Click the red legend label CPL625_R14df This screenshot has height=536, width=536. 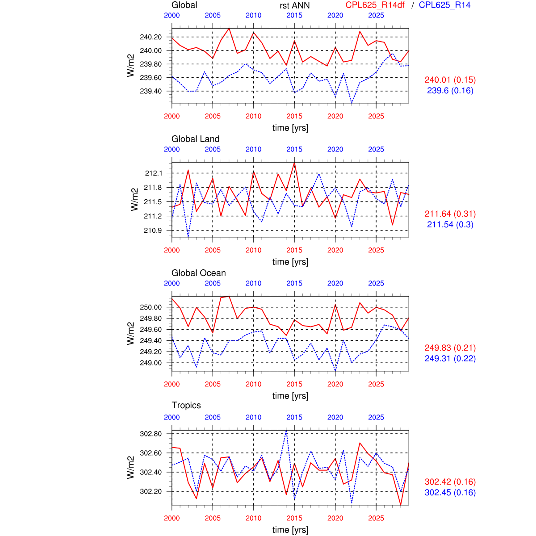[x=375, y=5]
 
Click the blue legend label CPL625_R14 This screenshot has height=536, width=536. [x=444, y=5]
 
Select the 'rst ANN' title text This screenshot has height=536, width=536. [x=294, y=6]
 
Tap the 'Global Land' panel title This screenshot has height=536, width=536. [x=195, y=139]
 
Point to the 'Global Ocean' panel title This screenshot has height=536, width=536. [x=198, y=273]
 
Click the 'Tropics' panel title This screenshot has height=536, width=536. [x=186, y=405]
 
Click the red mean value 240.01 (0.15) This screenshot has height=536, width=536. [x=450, y=80]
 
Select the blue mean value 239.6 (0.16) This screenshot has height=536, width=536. [x=450, y=91]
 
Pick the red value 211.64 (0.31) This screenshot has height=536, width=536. [x=450, y=214]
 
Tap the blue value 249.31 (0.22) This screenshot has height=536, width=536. [x=450, y=359]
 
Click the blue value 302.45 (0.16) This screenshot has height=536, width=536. [x=450, y=493]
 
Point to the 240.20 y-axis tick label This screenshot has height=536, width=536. [x=151, y=37]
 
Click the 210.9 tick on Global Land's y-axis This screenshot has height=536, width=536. [x=152, y=230]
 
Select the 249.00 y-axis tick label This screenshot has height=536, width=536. [x=151, y=363]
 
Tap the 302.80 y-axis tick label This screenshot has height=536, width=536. [x=151, y=434]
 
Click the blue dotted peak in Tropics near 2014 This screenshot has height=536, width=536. [x=286, y=430]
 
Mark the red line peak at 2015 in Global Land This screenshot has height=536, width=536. [x=294, y=163]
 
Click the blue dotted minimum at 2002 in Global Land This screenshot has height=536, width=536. [x=188, y=237]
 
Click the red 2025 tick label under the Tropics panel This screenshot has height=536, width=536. [x=376, y=518]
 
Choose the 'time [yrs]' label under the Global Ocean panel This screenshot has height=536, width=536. [x=290, y=396]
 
